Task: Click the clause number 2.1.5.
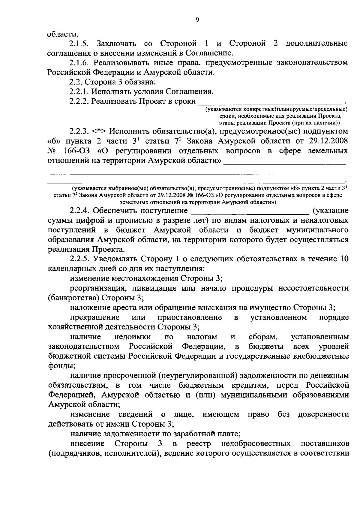tap(78, 44)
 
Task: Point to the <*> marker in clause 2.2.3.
tap(99, 131)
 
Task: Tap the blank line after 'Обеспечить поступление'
tap(250, 211)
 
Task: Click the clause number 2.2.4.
tap(80, 211)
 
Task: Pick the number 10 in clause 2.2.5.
tap(343, 259)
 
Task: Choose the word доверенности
tap(323, 414)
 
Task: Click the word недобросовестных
tap(255, 443)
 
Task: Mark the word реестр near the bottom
tap(199, 443)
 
